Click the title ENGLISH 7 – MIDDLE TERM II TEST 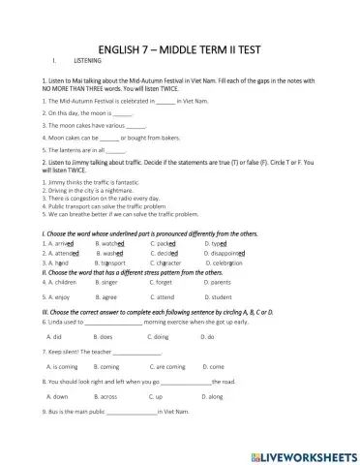(x=179, y=49)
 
